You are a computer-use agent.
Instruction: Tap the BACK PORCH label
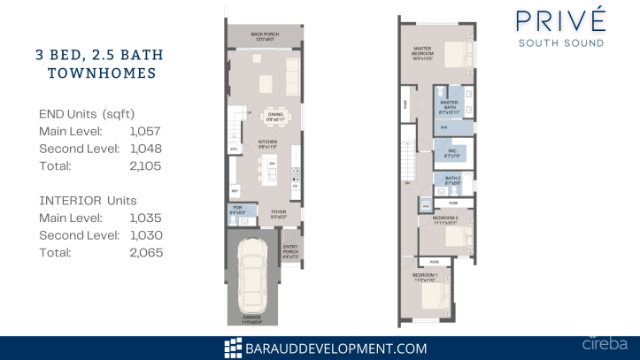265,34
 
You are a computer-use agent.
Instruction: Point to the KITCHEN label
268,143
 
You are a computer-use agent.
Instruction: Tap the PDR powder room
237,211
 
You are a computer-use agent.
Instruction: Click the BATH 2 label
451,181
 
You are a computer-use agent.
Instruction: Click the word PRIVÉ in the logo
561,19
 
